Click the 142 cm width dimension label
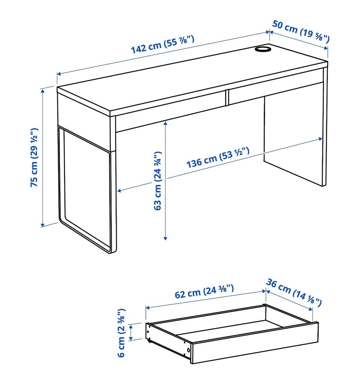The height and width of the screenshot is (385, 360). point(163,44)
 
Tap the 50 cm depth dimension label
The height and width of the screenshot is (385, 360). point(301,32)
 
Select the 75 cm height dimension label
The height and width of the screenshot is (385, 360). point(34,157)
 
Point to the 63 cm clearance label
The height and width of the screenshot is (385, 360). point(157,181)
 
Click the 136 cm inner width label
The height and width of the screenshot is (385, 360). point(218,157)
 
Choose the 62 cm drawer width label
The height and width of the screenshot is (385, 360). point(204,291)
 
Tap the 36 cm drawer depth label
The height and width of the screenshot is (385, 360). point(294,292)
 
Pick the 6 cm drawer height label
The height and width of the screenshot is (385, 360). point(121,333)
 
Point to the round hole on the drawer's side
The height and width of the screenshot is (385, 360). point(188,350)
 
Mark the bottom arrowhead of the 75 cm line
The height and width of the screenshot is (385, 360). point(43,225)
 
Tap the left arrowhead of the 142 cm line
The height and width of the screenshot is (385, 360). point(59,74)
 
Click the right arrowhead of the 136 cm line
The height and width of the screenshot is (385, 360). point(320,139)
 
